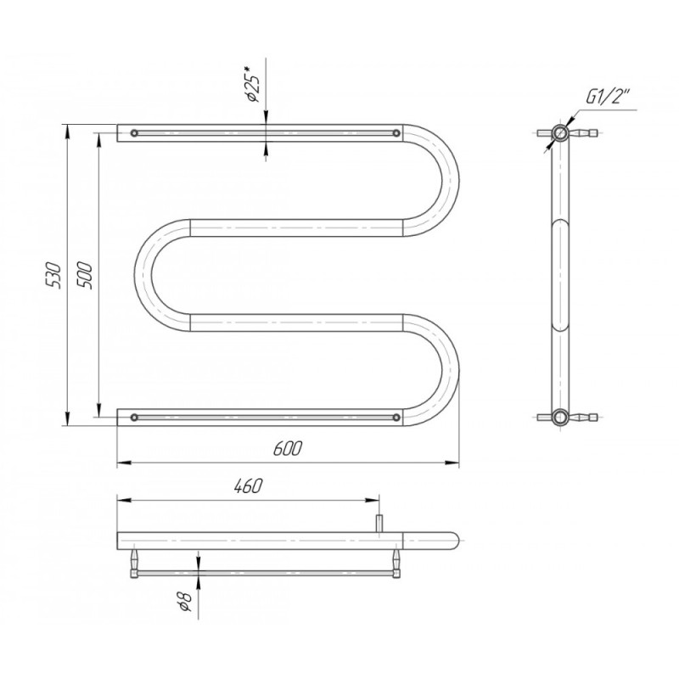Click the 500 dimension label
pos(84,275)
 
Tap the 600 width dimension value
pos(287,449)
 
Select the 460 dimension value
pos(248,485)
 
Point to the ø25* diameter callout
pos(252,84)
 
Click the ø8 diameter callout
pos(185,600)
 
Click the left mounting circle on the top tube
pos(134,133)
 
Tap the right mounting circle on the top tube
pos(396,133)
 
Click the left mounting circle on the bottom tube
pos(134,418)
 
